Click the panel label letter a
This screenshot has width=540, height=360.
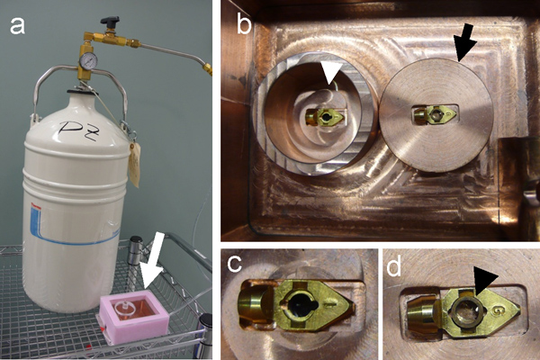pyautogui.click(x=17, y=26)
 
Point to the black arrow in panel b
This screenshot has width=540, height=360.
pyautogui.click(x=464, y=45)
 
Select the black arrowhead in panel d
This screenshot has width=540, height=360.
pyautogui.click(x=485, y=281)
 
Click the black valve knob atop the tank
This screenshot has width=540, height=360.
pyautogui.click(x=110, y=21)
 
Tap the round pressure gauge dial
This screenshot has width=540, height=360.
pyautogui.click(x=86, y=61)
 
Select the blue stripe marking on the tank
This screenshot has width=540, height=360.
pyautogui.click(x=70, y=228)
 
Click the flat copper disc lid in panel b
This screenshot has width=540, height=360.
pyautogui.click(x=436, y=115)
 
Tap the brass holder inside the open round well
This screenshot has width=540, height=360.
pyautogui.click(x=324, y=117)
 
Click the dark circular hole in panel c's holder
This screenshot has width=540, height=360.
pyautogui.click(x=300, y=304)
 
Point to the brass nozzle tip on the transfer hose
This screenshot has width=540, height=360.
pyautogui.click(x=207, y=68)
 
